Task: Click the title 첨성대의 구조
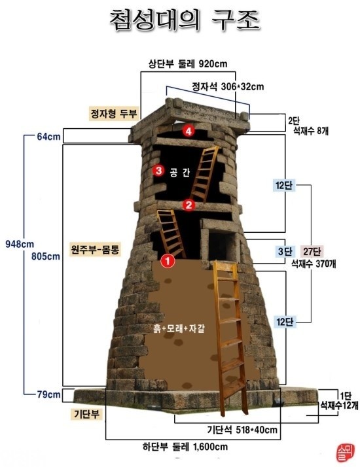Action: pyautogui.click(x=184, y=20)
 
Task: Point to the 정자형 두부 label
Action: pyautogui.click(x=114, y=112)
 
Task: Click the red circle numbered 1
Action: pyautogui.click(x=167, y=260)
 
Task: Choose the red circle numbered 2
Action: pyautogui.click(x=189, y=205)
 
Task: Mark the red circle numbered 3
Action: pyautogui.click(x=158, y=171)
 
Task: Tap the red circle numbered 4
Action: pyautogui.click(x=189, y=131)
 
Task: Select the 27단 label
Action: pyautogui.click(x=312, y=251)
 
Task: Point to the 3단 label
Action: pyautogui.click(x=282, y=251)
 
